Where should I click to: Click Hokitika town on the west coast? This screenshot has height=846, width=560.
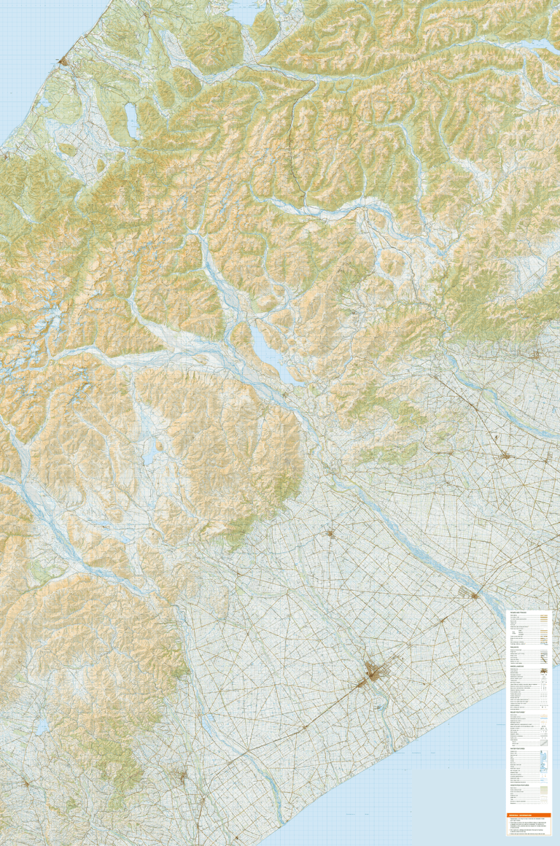click(64, 60)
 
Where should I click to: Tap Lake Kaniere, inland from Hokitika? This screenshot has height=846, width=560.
click(132, 120)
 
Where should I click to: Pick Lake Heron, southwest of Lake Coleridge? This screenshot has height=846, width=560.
click(149, 456)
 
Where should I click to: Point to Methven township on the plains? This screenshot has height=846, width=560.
click(330, 533)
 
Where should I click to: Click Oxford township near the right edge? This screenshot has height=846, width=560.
click(536, 355)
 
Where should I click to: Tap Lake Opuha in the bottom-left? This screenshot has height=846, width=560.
click(42, 726)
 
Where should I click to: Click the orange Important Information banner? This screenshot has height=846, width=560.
click(529, 815)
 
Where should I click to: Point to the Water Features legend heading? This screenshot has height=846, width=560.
click(518, 748)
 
